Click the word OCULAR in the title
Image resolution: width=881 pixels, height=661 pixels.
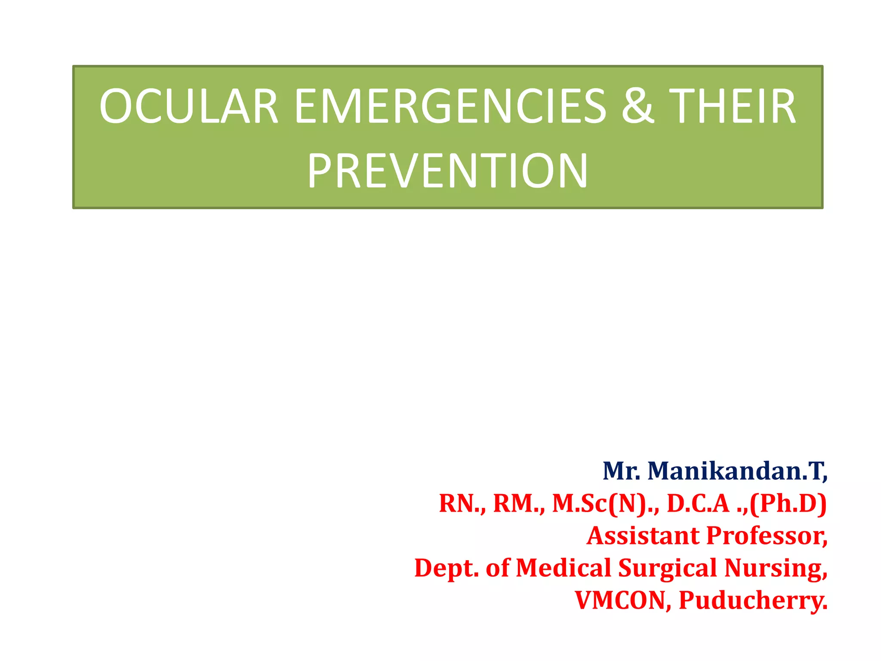pyautogui.click(x=188, y=106)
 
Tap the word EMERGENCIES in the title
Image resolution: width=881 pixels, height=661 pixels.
pyautogui.click(x=450, y=106)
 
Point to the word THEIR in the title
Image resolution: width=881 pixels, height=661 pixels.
pyautogui.click(x=732, y=106)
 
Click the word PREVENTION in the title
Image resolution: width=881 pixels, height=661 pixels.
pyautogui.click(x=447, y=171)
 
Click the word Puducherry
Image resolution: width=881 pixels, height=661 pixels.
pyautogui.click(x=753, y=600)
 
